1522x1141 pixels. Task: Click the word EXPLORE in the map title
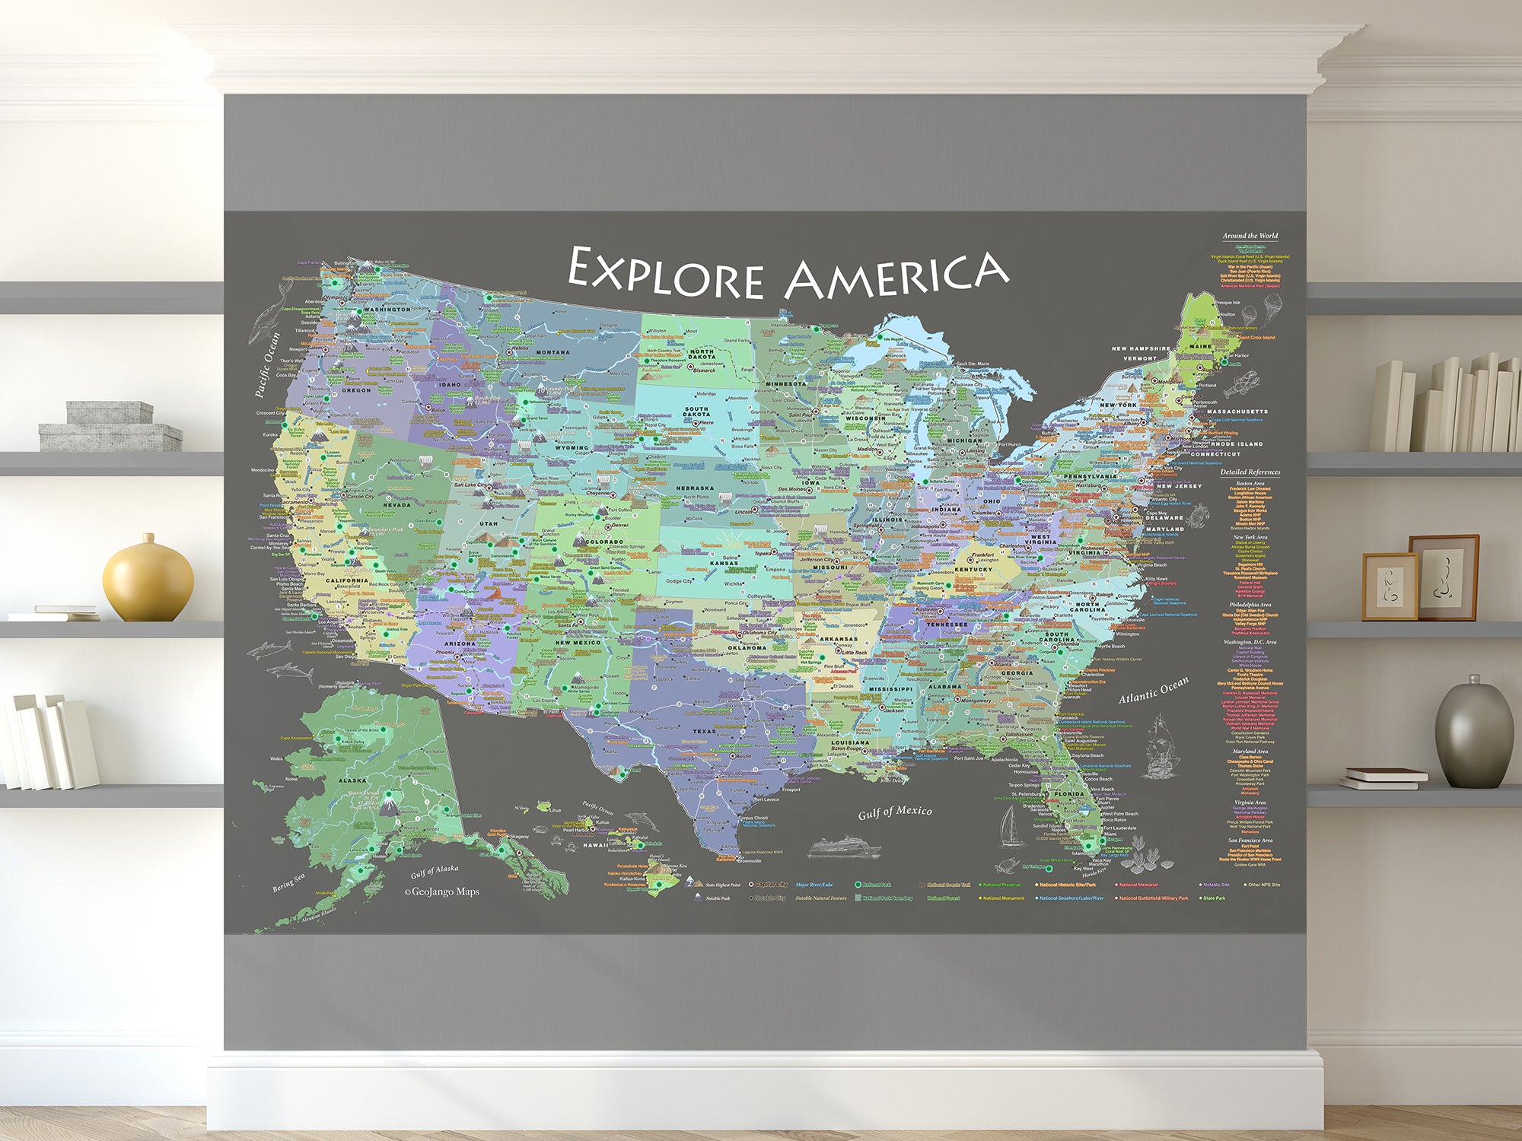[x=666, y=274]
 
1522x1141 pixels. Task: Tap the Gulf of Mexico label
[x=894, y=812]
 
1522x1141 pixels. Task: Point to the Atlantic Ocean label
[x=1153, y=689]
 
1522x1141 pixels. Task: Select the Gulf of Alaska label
[x=435, y=871]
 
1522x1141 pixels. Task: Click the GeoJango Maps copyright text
[x=442, y=892]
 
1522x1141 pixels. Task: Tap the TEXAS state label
[x=704, y=731]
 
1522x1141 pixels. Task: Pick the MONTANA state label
[x=552, y=352]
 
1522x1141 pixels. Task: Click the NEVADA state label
[x=396, y=504]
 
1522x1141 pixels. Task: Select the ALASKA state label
[x=352, y=780]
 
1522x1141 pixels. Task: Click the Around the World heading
[x=1250, y=236]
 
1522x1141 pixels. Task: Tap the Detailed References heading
[x=1250, y=472]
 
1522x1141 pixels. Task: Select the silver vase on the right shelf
[x=1473, y=732]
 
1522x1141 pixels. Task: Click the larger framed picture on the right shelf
[x=1443, y=576]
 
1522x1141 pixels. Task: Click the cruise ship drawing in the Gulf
[x=843, y=847]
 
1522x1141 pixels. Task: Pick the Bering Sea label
[x=289, y=882]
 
